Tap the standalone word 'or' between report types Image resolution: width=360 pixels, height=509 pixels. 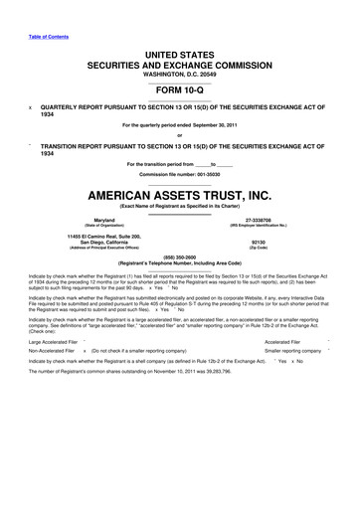pyautogui.click(x=179, y=135)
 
